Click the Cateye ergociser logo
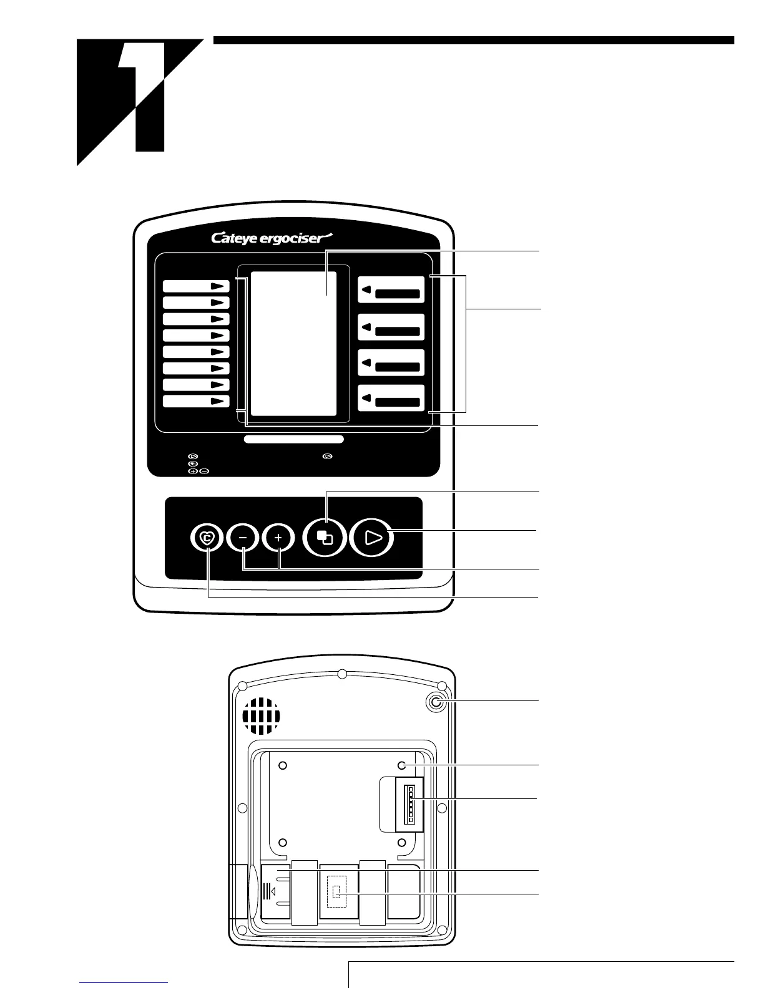273,238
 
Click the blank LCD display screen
293,344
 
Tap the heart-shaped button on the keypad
207,537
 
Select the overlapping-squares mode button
325,538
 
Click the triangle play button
373,537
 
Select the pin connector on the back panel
411,803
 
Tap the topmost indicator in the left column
196,286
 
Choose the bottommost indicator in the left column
196,401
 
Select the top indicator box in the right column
391,291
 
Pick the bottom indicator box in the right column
391,399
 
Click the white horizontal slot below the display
293,439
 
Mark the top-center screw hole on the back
342,674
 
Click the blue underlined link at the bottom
124,982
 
